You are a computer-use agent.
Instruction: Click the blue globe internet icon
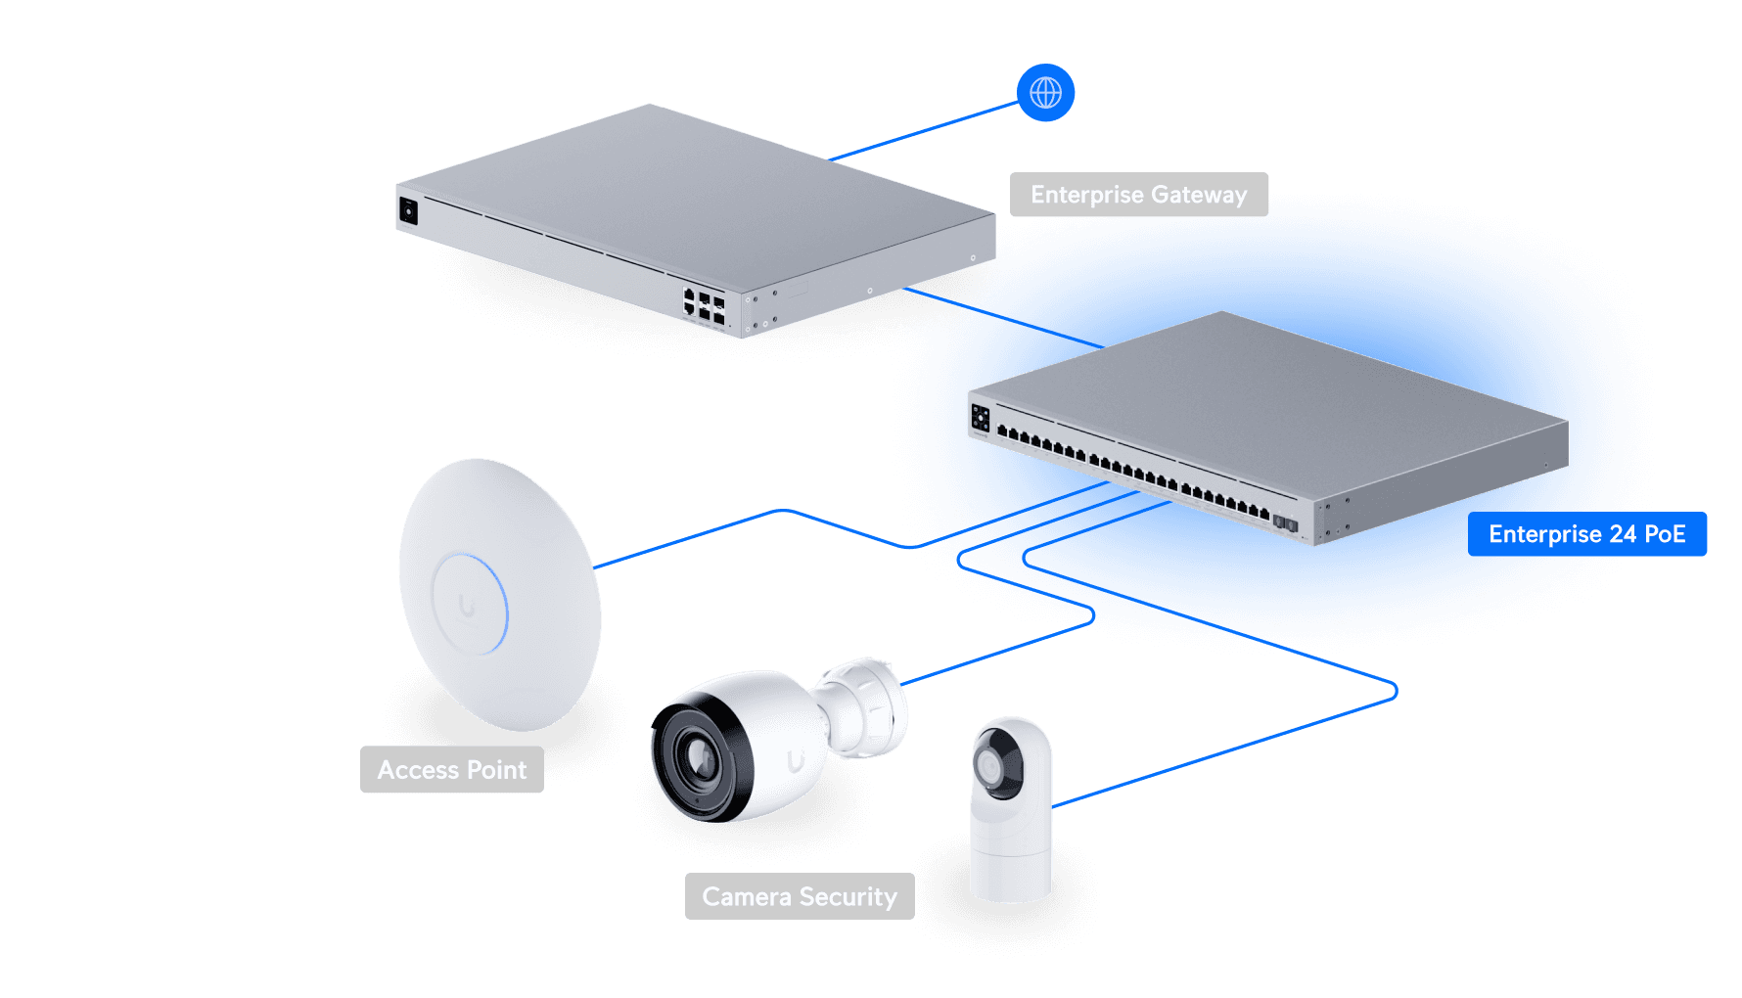coord(1045,93)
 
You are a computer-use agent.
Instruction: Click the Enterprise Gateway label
coord(1138,195)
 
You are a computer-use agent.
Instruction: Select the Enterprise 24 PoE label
coord(1586,534)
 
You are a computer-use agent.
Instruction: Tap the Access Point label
coord(451,770)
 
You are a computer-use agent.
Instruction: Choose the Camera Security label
coord(799,896)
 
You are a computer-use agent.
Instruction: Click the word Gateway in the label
coord(1199,195)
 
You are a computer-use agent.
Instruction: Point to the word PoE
coord(1665,534)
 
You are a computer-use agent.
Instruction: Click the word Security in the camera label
coord(848,896)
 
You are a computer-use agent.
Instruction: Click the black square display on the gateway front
coord(408,210)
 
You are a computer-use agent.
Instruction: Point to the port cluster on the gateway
coord(704,305)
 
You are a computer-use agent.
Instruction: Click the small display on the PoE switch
coord(980,418)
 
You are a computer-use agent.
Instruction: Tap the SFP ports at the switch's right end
coord(1285,523)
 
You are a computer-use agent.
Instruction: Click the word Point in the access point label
coord(496,770)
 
